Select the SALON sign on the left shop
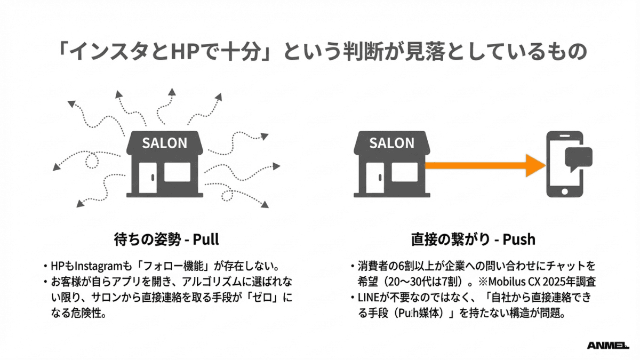164,143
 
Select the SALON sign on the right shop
391,143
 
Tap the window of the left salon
178,172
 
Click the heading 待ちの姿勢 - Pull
166,238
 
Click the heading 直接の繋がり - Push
473,238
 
